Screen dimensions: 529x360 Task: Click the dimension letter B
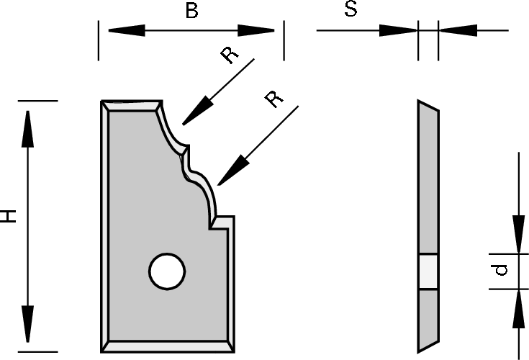(191, 10)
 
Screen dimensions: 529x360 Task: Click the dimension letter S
(351, 9)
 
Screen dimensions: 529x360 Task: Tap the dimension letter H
(8, 216)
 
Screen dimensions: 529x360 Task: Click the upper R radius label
(230, 55)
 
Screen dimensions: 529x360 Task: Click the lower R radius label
(274, 99)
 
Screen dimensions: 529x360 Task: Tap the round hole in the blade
(167, 271)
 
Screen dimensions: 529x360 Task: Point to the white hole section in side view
(428, 271)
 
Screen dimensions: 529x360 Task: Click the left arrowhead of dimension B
(127, 30)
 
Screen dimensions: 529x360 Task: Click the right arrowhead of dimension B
(256, 30)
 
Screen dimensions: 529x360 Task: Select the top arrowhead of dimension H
(27, 129)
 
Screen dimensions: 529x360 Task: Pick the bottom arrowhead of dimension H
(27, 324)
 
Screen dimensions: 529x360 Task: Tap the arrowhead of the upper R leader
(196, 112)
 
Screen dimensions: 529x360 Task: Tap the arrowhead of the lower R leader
(232, 171)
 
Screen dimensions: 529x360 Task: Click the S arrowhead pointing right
(399, 30)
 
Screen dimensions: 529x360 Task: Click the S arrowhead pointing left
(458, 30)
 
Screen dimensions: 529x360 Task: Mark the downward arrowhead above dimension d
(518, 234)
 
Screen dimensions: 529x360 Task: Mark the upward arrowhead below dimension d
(518, 308)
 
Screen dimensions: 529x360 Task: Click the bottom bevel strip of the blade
(168, 347)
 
